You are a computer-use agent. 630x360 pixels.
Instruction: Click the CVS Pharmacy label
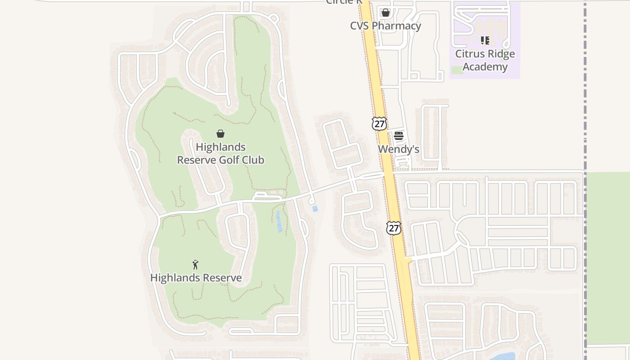tap(386, 26)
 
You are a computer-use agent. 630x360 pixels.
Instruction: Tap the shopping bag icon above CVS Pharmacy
tap(386, 13)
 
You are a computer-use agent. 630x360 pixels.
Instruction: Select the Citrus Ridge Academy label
tap(485, 60)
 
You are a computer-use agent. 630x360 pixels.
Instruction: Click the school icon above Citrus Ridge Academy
tap(485, 40)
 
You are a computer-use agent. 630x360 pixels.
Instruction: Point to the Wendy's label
tap(398, 149)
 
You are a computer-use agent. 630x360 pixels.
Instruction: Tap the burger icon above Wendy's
tap(399, 136)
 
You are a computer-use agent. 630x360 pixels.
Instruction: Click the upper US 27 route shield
tap(379, 123)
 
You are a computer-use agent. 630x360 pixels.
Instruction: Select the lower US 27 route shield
tap(393, 228)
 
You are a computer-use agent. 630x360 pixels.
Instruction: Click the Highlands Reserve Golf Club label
tap(220, 153)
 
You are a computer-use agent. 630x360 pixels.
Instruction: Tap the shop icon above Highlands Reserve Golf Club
tap(220, 134)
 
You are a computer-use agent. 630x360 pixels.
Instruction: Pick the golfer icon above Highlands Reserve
tap(195, 265)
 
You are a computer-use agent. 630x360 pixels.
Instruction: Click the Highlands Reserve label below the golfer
tap(196, 278)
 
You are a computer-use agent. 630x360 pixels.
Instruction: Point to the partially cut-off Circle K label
tap(344, 2)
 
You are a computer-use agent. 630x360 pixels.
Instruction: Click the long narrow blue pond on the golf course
tap(279, 221)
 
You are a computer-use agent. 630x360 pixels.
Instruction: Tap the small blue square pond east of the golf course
tap(315, 209)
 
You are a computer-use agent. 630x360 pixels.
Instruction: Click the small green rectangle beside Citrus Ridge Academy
tap(456, 70)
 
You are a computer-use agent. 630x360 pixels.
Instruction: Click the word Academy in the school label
tap(485, 67)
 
